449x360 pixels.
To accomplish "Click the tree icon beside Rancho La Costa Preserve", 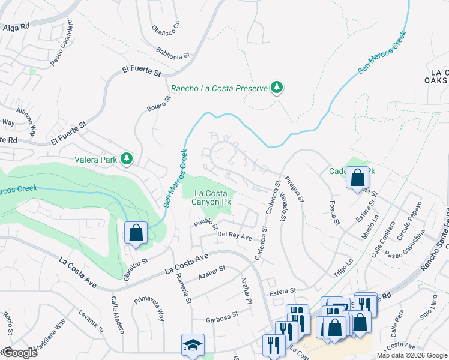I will coord(277,88).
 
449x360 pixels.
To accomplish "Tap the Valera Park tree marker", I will coord(127,158).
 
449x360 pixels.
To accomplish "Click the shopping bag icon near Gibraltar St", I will coord(136,233).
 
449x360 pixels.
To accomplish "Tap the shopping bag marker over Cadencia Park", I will coord(357,178).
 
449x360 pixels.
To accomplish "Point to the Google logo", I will coord(19,352).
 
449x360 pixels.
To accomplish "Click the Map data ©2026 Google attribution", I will coord(412,355).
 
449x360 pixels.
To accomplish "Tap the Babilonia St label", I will coord(173,53).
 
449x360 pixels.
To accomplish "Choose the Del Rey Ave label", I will coord(235,236).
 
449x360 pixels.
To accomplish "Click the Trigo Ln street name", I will coord(343,268).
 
